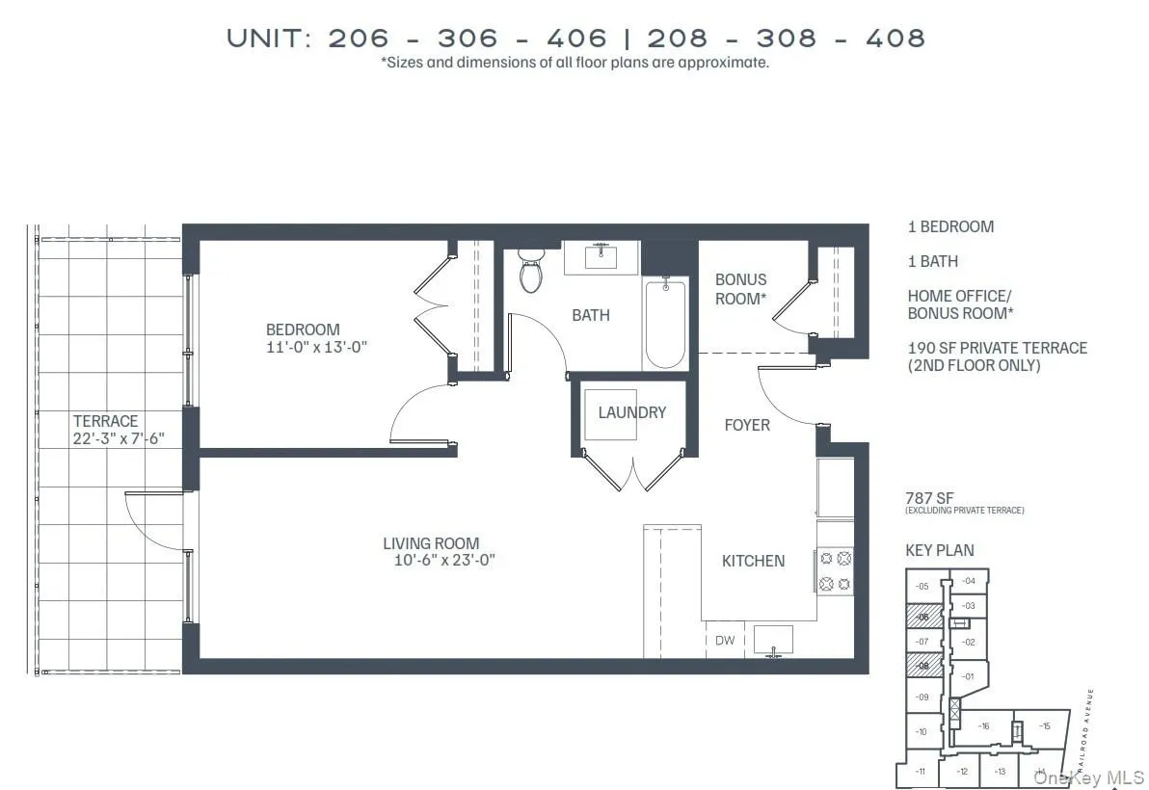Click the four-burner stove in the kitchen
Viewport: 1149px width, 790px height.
click(835, 570)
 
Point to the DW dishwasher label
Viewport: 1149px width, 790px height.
click(724, 640)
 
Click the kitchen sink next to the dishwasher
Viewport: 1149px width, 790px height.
click(772, 639)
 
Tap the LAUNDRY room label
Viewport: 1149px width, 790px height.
click(631, 412)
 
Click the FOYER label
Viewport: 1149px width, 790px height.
click(747, 425)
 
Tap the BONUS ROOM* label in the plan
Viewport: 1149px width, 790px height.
click(740, 289)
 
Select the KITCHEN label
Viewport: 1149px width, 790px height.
click(753, 561)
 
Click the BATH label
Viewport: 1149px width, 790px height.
click(590, 315)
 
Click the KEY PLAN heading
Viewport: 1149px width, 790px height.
click(939, 550)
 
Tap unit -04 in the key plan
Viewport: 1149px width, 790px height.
click(968, 581)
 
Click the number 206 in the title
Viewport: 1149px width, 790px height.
click(359, 38)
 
